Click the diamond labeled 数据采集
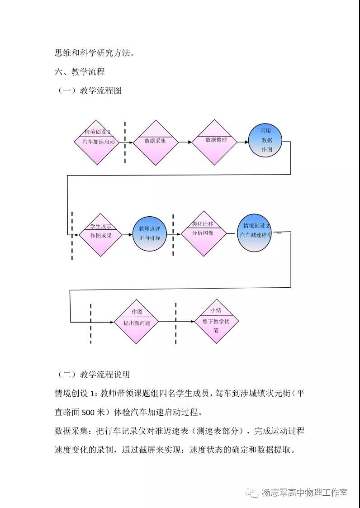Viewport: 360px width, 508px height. (x=155, y=142)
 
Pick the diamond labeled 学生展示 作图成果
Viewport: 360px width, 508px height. (x=100, y=234)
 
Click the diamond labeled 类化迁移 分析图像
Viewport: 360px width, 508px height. (x=203, y=233)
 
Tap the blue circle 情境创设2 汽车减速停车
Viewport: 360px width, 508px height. (x=256, y=233)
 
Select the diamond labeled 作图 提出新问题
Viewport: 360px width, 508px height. (x=137, y=322)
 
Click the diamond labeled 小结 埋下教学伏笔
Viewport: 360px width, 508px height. (x=217, y=322)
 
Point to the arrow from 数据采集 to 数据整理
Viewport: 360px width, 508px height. (x=185, y=142)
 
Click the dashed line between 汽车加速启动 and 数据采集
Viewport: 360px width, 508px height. (x=125, y=142)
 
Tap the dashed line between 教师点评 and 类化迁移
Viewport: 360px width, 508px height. (x=173, y=234)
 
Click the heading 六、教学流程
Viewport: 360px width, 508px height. (x=80, y=71)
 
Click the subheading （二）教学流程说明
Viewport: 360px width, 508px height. (x=94, y=374)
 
